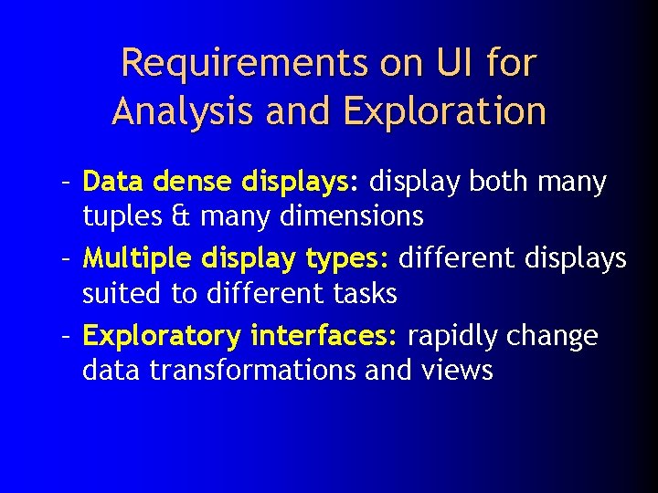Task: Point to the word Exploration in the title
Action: tap(444, 111)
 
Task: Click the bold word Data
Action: tap(114, 182)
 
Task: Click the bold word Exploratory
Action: tap(161, 336)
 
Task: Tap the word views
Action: tap(457, 370)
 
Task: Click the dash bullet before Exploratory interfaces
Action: tap(67, 335)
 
